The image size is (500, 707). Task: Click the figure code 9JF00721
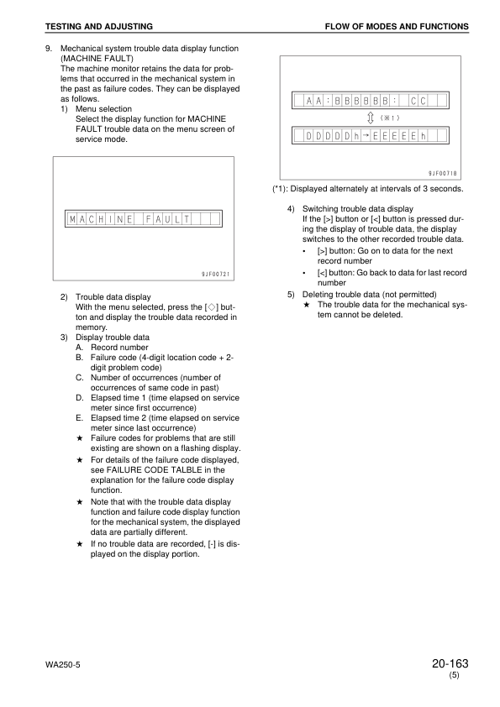pyautogui.click(x=215, y=274)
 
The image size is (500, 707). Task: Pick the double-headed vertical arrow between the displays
pyautogui.click(x=370, y=118)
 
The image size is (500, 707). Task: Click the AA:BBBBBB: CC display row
pyautogui.click(x=371, y=102)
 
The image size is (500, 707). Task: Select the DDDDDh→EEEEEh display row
pyautogui.click(x=371, y=135)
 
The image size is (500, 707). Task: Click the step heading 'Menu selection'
pyautogui.click(x=103, y=109)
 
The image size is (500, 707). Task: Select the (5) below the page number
pyautogui.click(x=454, y=676)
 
